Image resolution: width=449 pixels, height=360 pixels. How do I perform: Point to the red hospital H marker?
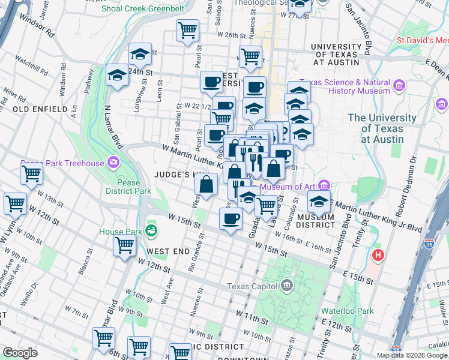(x=378, y=255)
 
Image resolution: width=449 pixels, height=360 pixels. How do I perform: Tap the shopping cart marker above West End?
(x=124, y=245)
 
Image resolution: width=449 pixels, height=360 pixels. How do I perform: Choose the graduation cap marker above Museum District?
(x=319, y=202)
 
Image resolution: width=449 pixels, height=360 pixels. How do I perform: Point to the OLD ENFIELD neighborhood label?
(x=40, y=110)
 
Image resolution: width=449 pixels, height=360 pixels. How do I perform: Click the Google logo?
(x=20, y=352)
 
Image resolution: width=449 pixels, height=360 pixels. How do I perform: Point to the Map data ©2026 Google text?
(x=412, y=355)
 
